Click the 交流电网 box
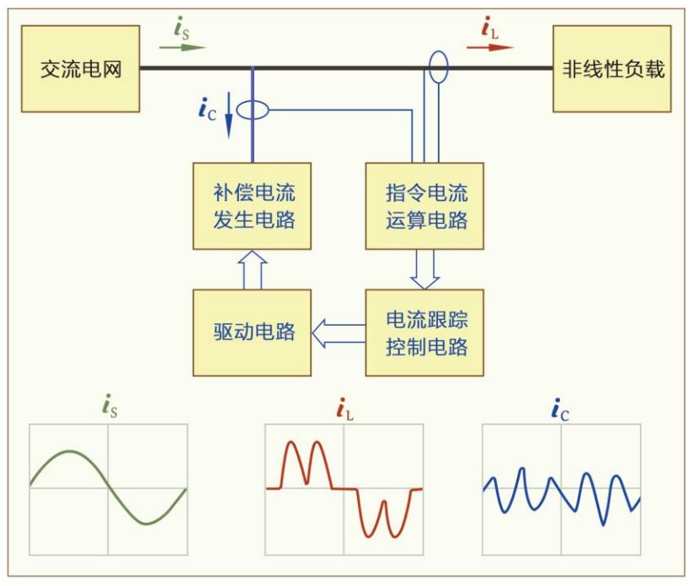(81, 69)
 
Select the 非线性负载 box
(612, 69)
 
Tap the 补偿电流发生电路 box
(252, 206)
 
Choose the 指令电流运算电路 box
(425, 206)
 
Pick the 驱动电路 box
(252, 332)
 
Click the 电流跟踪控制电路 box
(425, 332)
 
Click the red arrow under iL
(489, 47)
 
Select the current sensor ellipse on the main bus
(438, 67)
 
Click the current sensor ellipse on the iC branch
(252, 110)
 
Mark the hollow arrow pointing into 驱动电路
(338, 333)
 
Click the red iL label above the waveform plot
(344, 410)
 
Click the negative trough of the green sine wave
(147, 522)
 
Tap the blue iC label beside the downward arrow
(208, 108)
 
